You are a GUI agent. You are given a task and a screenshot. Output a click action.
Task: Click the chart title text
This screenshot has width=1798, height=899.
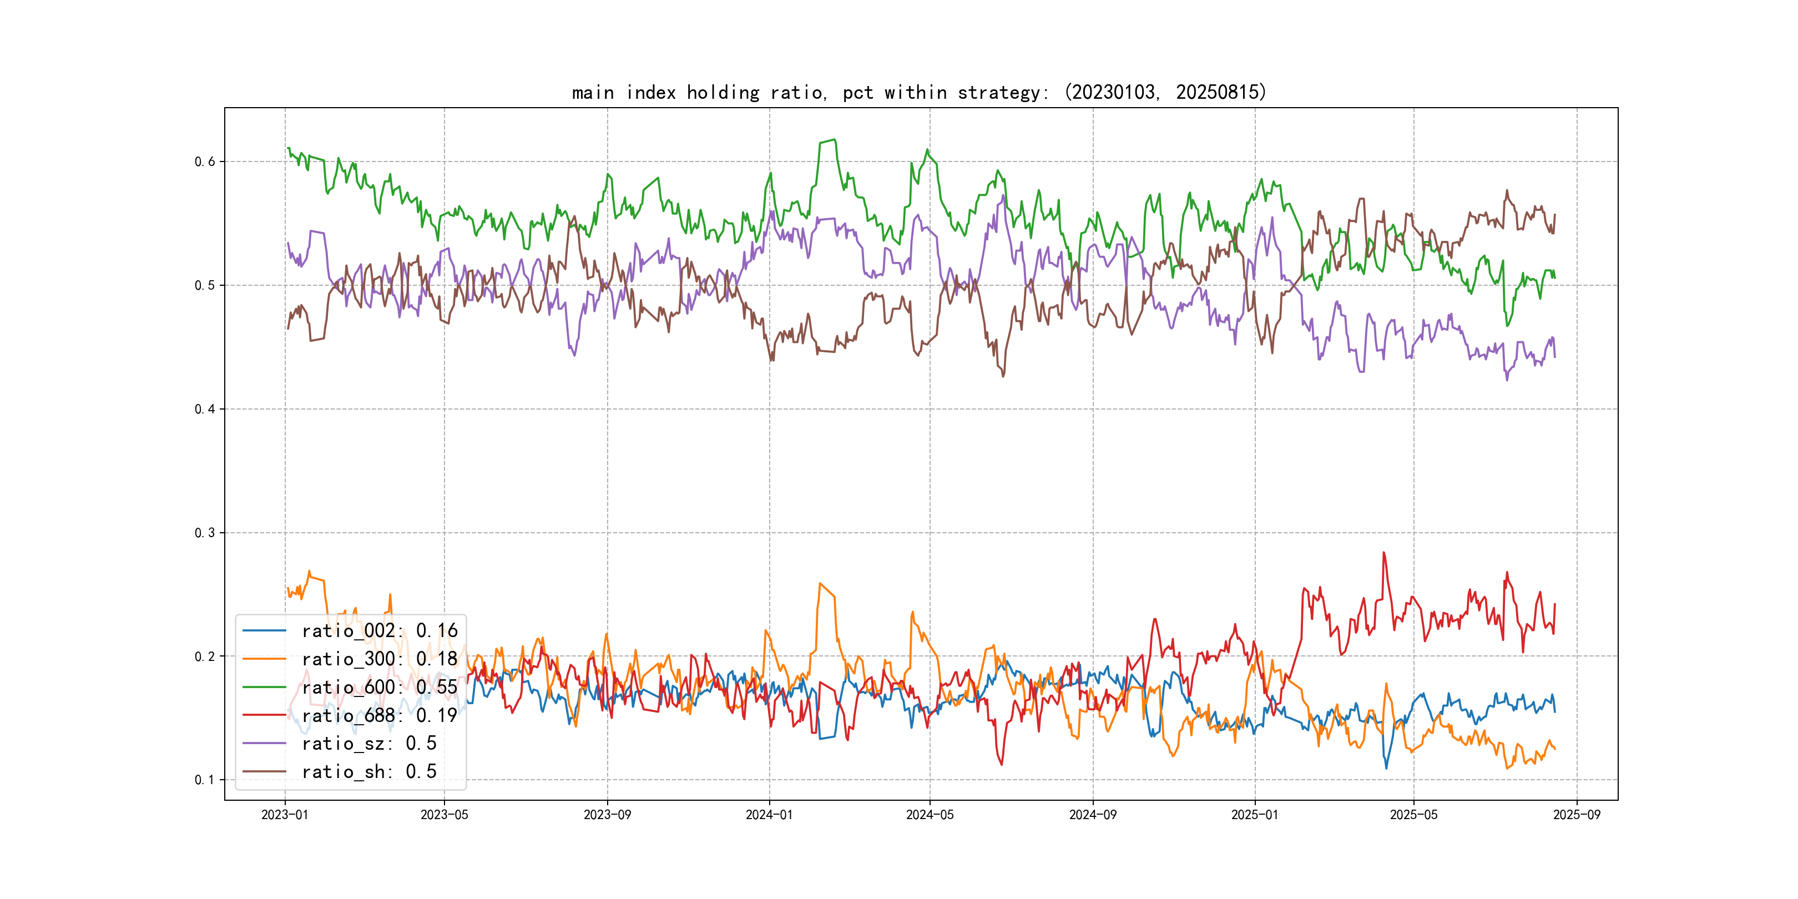coord(918,92)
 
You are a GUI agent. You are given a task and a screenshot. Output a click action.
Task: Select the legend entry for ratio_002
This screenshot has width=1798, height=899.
coord(379,631)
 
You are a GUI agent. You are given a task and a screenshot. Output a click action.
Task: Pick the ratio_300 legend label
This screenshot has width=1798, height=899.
coord(379,659)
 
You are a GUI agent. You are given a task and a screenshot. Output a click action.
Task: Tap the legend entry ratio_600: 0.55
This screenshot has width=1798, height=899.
coord(379,688)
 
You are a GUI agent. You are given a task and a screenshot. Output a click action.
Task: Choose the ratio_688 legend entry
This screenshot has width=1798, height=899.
coord(379,715)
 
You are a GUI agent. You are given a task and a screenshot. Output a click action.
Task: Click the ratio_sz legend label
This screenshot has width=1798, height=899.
coord(368,744)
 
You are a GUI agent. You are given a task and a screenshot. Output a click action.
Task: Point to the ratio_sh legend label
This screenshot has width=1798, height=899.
coord(368,772)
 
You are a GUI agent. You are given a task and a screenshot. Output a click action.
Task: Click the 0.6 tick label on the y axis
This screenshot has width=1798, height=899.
coord(205,162)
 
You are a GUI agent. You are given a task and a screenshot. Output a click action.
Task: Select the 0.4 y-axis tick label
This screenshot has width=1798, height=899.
coord(205,409)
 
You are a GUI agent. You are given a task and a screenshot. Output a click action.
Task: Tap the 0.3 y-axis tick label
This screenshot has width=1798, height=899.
coord(205,533)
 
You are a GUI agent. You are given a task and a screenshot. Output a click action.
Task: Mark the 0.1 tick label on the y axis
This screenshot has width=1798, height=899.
coord(205,780)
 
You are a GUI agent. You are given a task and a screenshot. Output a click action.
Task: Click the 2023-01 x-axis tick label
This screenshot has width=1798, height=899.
coord(285,815)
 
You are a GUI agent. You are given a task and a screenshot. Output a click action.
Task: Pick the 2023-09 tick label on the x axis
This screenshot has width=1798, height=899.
coord(607,815)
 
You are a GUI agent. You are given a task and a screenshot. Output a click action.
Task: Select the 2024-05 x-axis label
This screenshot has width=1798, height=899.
coord(930,815)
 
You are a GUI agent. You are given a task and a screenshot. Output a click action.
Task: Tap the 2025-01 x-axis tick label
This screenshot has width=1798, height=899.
coord(1255,815)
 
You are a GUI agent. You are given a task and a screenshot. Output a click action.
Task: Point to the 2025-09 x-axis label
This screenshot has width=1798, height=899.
coord(1577,815)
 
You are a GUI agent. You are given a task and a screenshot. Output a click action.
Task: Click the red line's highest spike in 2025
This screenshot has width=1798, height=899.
coord(1383,553)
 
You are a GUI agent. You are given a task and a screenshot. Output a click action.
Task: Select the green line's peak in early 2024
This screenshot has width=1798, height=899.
coord(834,140)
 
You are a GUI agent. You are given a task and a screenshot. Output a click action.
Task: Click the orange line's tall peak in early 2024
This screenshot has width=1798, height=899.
coord(820,583)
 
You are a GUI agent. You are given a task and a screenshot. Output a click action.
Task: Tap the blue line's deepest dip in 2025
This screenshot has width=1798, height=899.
coord(1386,769)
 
